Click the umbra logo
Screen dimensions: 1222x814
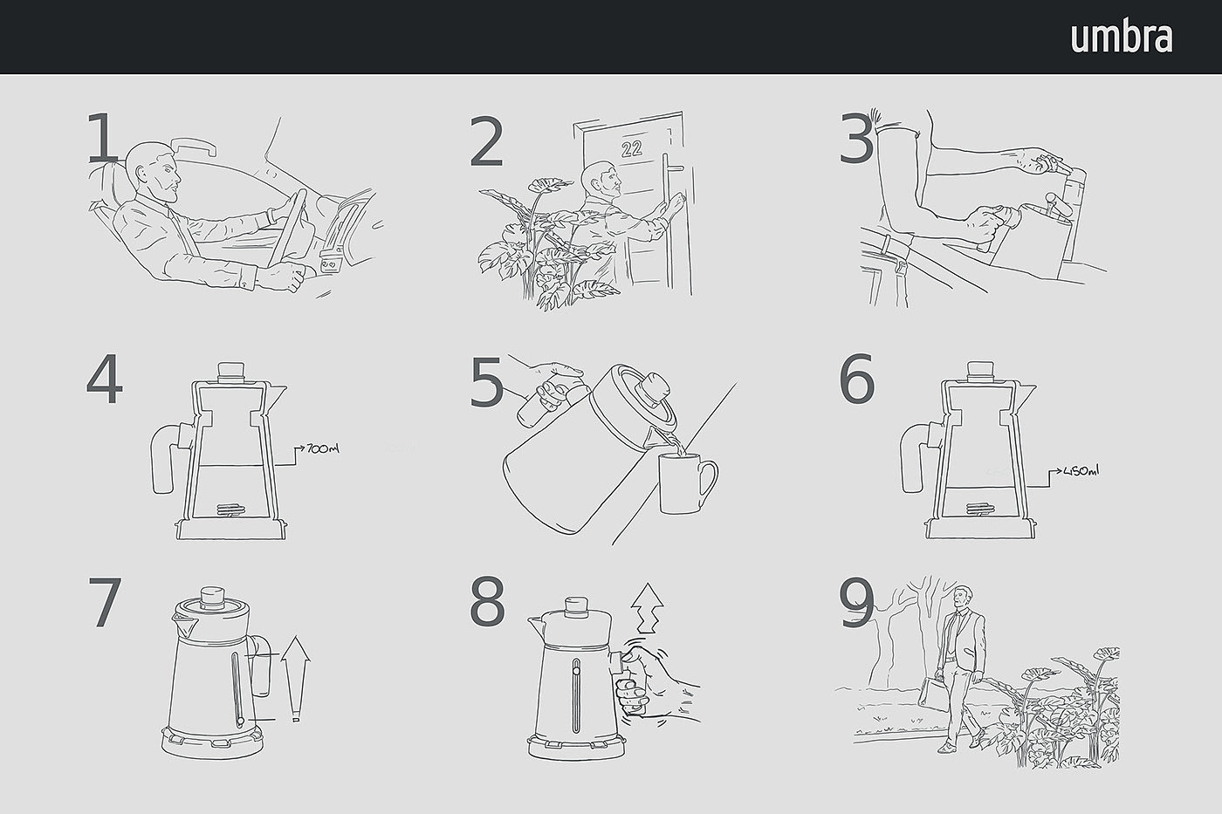[1122, 38]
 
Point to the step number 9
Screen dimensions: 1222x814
[856, 603]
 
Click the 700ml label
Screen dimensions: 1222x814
[322, 448]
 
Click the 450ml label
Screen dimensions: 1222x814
[1081, 470]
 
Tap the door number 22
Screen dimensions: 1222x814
[632, 148]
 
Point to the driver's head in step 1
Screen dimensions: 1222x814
[154, 169]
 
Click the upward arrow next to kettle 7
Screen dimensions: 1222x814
[295, 678]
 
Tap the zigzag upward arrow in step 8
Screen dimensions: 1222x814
[647, 608]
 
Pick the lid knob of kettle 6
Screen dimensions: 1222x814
[979, 372]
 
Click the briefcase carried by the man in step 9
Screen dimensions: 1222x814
[935, 694]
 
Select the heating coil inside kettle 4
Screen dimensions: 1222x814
[231, 510]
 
